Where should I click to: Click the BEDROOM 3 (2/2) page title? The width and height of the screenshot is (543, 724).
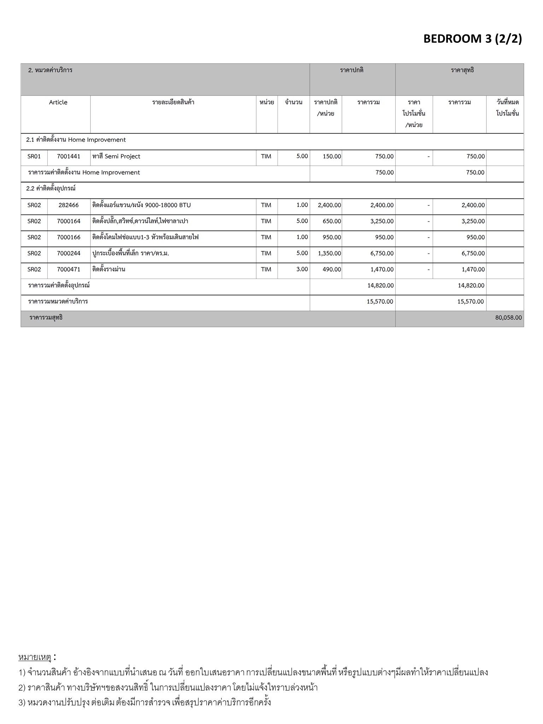tap(472, 39)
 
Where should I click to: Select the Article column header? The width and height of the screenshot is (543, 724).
tap(58, 103)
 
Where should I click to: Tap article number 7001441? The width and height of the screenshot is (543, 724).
tap(69, 156)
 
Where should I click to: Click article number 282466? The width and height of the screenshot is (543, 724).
tap(69, 205)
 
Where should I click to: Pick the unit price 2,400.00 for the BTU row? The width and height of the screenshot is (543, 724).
tap(329, 205)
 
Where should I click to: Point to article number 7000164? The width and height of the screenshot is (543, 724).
tap(69, 221)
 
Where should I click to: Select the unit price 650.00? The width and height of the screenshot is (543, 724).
tap(332, 221)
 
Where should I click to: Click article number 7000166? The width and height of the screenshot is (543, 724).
tap(69, 237)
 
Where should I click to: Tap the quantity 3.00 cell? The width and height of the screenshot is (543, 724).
tap(302, 269)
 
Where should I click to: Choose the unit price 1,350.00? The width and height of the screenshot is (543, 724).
tap(329, 253)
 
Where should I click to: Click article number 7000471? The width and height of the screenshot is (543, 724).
tap(69, 269)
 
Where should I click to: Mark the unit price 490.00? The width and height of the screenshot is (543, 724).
tap(332, 269)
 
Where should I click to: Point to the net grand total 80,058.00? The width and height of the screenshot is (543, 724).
tap(508, 317)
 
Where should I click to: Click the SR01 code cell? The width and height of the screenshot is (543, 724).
tap(34, 156)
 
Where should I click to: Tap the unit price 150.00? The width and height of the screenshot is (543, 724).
tap(332, 156)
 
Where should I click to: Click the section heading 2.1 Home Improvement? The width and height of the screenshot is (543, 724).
tap(76, 140)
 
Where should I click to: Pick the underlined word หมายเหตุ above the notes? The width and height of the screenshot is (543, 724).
tap(35, 657)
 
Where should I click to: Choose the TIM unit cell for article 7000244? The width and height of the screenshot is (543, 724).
tap(266, 253)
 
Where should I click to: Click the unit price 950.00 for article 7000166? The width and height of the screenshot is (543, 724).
tap(332, 237)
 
